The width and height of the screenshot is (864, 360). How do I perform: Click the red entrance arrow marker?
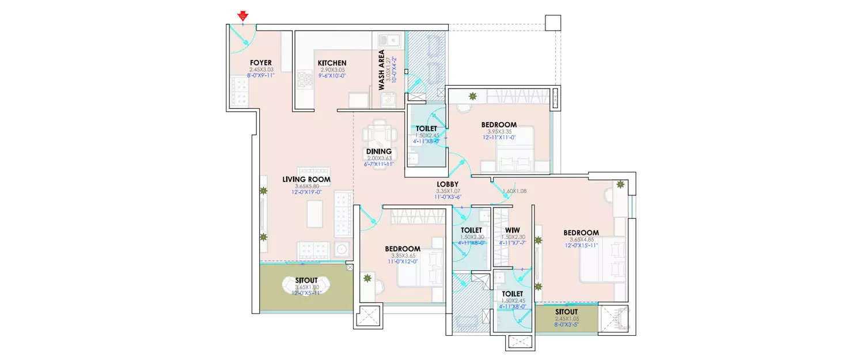(x=243, y=16)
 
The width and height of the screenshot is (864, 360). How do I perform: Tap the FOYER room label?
(x=260, y=63)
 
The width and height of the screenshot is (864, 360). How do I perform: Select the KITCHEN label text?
(x=332, y=63)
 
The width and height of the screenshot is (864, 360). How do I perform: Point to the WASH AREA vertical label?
(x=381, y=70)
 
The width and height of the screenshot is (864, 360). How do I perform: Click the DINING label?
(x=379, y=151)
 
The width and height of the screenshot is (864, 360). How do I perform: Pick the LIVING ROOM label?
(x=306, y=179)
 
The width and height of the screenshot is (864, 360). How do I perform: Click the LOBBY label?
(x=447, y=184)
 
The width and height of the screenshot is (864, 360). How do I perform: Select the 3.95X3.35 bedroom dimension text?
(x=499, y=131)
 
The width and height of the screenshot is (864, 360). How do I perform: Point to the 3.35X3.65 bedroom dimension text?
(x=402, y=256)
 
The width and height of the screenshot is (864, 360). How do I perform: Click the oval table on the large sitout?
(x=306, y=285)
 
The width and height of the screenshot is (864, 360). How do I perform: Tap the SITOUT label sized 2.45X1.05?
(x=566, y=311)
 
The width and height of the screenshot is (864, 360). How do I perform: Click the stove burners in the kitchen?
(x=304, y=80)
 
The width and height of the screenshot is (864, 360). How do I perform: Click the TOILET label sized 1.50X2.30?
(x=472, y=230)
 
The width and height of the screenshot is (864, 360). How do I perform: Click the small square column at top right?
(x=552, y=22)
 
